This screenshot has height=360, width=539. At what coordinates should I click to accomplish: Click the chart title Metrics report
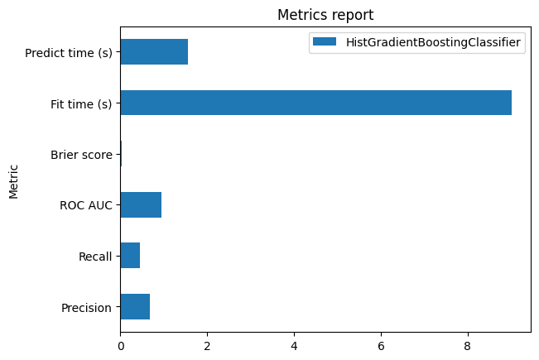pyautogui.click(x=325, y=15)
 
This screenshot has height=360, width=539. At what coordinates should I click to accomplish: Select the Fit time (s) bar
pyautogui.click(x=315, y=103)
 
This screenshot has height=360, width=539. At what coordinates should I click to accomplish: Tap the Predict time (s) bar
pyautogui.click(x=154, y=52)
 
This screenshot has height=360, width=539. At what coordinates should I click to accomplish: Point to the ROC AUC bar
pyautogui.click(x=141, y=204)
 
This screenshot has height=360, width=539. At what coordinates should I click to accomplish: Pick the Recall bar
pyautogui.click(x=130, y=256)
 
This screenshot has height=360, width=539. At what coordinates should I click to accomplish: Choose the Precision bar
pyautogui.click(x=135, y=306)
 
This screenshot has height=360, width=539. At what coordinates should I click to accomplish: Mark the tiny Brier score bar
pyautogui.click(x=121, y=154)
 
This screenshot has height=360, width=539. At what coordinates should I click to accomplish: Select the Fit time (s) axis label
pyautogui.click(x=81, y=104)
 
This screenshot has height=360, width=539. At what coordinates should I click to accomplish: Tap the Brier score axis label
pyautogui.click(x=81, y=155)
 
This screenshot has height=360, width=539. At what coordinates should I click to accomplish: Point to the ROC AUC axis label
pyautogui.click(x=86, y=205)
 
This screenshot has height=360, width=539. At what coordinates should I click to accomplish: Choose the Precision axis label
pyautogui.click(x=86, y=308)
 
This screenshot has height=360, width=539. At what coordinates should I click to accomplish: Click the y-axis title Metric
pyautogui.click(x=14, y=180)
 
